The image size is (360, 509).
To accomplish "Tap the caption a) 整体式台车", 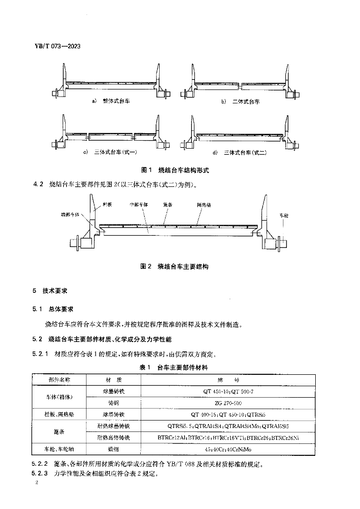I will pos(114,101).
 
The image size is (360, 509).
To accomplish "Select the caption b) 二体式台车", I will pos(241,101).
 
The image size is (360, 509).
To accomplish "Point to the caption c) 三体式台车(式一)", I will pos(113,152).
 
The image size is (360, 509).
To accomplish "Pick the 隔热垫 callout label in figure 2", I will pos(204,204).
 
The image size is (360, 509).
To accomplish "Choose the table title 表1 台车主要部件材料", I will pos(176,367).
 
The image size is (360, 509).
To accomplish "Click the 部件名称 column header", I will pos(60,379).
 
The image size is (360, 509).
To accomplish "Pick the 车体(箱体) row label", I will pos(60,397).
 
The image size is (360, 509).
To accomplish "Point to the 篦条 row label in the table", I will pos(60,431).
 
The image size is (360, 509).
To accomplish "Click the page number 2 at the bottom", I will pos(36,483).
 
